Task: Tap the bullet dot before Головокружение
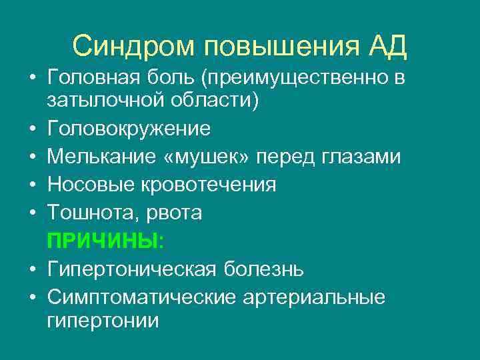[32, 128]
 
